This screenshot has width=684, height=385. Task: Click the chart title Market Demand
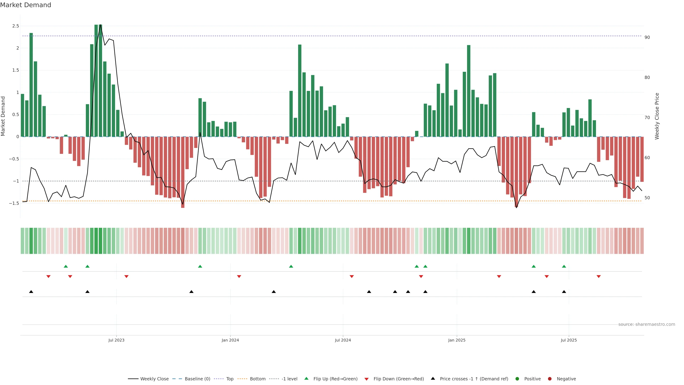click(x=25, y=5)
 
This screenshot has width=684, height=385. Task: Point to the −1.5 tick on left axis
click(x=14, y=203)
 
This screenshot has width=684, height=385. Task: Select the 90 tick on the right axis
click(x=647, y=37)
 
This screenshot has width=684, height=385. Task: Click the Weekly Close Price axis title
click(x=657, y=116)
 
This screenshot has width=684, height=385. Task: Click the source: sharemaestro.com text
click(x=647, y=324)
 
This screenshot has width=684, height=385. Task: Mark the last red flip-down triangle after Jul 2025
click(x=598, y=277)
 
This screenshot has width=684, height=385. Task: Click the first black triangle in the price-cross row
click(x=31, y=292)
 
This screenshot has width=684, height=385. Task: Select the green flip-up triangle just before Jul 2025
click(x=564, y=266)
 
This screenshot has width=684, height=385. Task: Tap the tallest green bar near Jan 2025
click(x=469, y=90)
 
